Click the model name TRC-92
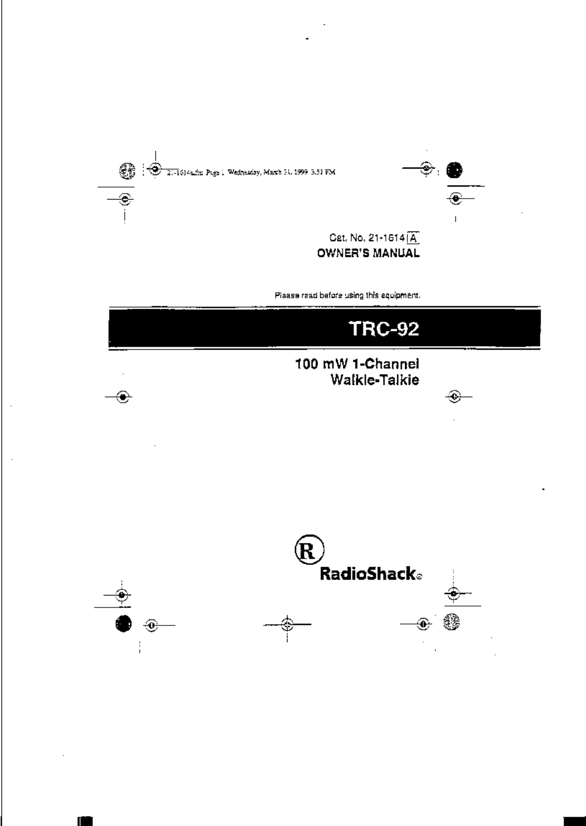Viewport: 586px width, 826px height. click(383, 329)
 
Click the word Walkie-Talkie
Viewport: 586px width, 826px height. click(374, 380)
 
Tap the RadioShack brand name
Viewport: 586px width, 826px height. click(367, 574)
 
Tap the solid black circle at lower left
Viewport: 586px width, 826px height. click(123, 623)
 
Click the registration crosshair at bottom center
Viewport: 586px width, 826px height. click(287, 624)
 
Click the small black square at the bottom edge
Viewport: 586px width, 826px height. click(86, 821)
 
